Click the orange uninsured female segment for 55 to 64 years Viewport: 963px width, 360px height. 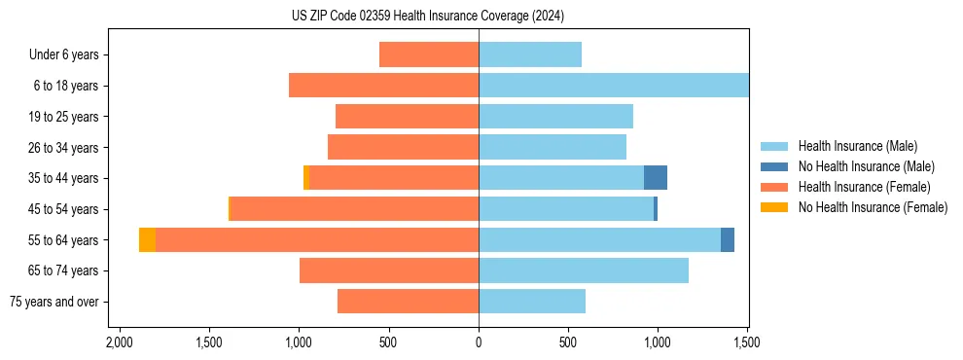[x=147, y=240]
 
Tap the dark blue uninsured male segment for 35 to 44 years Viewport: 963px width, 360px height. [x=656, y=178]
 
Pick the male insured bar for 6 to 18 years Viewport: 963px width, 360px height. [x=613, y=86]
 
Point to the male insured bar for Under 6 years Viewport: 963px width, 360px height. [x=530, y=54]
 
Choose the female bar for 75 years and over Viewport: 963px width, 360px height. [x=408, y=302]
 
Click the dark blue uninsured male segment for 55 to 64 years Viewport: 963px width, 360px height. [x=728, y=240]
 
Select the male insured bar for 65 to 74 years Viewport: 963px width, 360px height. [x=584, y=270]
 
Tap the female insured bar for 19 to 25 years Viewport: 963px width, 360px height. [x=407, y=117]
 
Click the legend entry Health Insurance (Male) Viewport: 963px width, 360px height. [x=857, y=146]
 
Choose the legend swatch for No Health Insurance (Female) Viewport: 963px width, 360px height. [x=774, y=207]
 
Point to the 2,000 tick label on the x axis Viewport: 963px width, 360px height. [x=119, y=342]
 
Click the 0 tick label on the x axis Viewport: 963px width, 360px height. [x=479, y=342]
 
